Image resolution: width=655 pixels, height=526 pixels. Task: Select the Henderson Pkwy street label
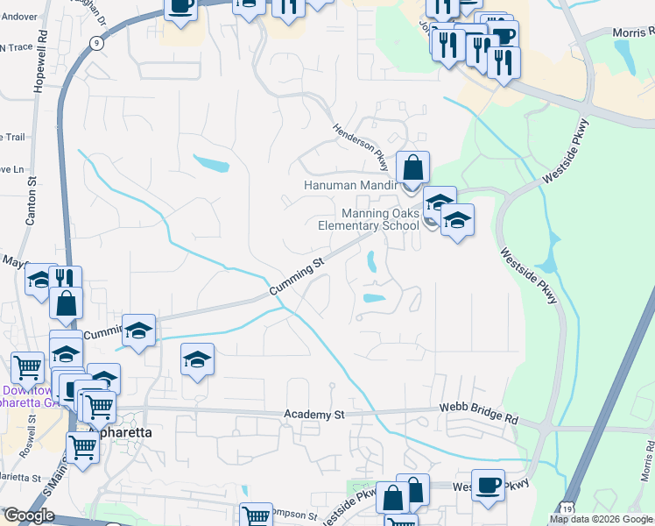point(360,142)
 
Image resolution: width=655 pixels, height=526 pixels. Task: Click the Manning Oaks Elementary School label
point(369,219)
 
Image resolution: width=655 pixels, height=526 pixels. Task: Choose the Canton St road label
point(32,202)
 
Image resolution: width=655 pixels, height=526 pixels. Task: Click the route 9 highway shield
point(95,42)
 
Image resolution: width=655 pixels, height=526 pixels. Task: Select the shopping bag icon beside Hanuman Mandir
point(412,166)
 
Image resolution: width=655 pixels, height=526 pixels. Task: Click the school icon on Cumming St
point(138,331)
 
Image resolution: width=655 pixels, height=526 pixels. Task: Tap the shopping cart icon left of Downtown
point(28,366)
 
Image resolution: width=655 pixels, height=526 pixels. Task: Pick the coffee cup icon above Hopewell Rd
point(181,7)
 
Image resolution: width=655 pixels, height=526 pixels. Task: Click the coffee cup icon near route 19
point(488,484)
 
